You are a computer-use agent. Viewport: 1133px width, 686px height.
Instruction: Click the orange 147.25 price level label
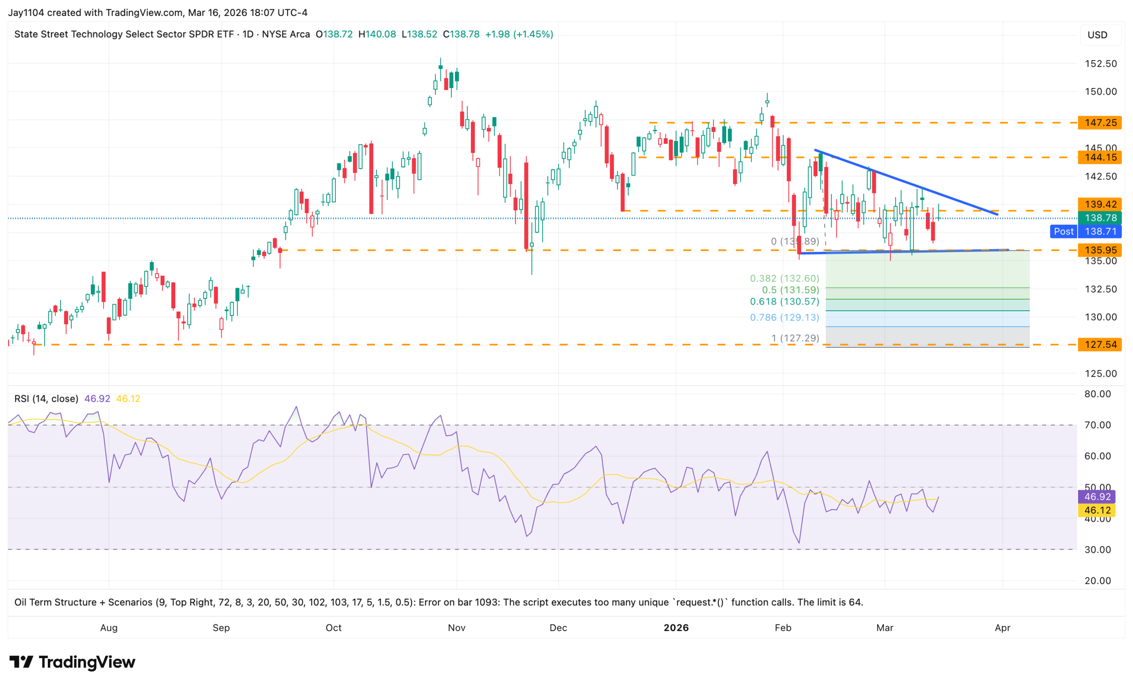1099,123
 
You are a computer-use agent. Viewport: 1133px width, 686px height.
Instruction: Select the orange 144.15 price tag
1099,157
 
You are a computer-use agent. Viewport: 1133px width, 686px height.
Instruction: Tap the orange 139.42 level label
1099,204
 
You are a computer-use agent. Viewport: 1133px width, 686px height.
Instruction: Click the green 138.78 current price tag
1099,218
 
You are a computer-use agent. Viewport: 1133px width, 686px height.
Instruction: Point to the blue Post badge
1063,231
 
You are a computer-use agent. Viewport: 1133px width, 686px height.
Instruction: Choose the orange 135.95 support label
1099,250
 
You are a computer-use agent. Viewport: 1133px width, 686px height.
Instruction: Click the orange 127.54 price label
1099,344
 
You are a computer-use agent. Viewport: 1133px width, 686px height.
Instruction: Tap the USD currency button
1097,35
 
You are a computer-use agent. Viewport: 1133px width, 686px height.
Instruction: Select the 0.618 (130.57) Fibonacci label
784,302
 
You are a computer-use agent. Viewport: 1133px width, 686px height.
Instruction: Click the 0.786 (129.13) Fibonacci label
784,317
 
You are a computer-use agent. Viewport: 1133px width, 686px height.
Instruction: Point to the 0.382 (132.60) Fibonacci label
784,278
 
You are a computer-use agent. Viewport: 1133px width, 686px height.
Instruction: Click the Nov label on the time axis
457,628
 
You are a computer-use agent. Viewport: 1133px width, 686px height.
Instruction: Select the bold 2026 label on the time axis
676,628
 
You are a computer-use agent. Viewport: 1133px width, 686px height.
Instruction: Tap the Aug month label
109,628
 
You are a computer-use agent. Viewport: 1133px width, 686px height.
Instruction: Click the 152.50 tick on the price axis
1100,64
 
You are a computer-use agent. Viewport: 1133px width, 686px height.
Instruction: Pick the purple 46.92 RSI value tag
1097,497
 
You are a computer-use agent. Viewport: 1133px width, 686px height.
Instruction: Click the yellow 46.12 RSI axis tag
1097,510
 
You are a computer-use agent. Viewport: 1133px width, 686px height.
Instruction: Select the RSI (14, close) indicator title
46,399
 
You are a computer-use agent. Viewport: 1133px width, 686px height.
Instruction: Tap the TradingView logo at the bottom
73,662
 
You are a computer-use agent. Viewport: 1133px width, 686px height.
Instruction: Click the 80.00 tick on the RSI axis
1097,394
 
